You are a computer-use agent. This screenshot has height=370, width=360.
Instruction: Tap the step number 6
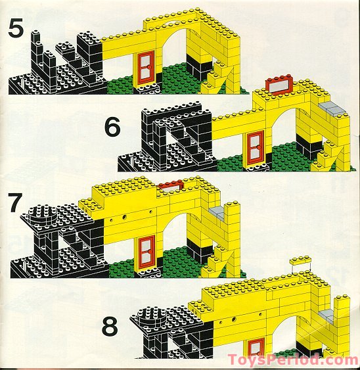[x=112, y=127]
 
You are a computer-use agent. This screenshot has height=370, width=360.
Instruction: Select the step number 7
[x=16, y=204]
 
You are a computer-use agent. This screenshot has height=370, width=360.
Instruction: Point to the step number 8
[x=112, y=327]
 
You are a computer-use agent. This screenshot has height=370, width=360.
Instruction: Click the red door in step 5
[x=144, y=71]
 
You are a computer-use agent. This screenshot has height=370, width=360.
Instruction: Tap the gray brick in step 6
[x=334, y=108]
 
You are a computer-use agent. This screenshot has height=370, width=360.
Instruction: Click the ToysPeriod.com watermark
[x=293, y=359]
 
